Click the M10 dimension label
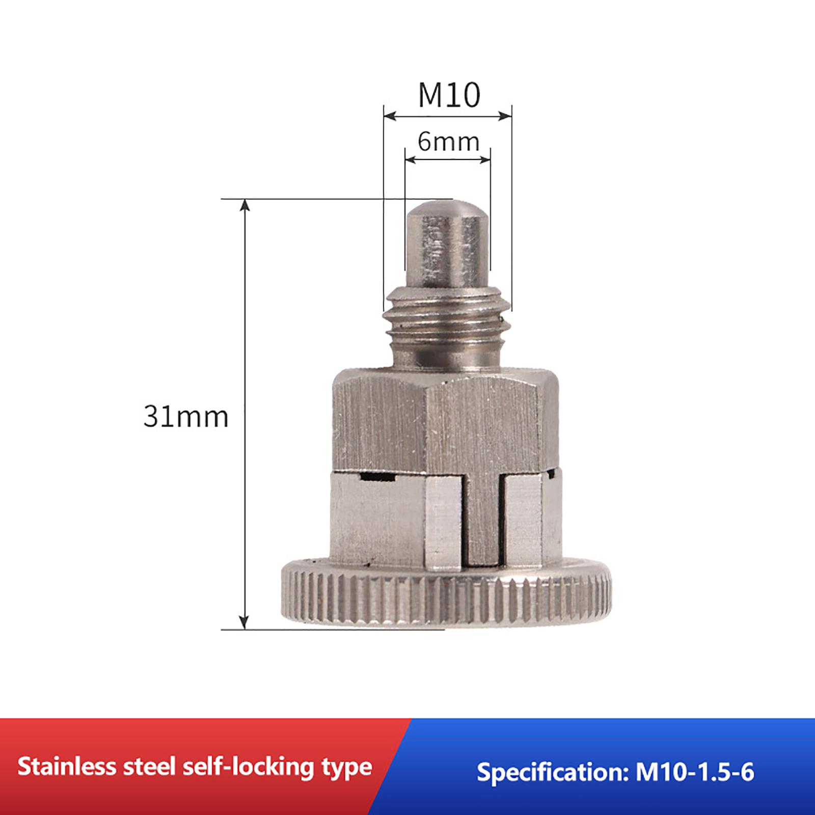click(449, 95)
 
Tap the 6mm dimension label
click(449, 142)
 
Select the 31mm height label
click(186, 417)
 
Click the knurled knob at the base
click(446, 593)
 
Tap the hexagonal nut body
click(445, 420)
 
